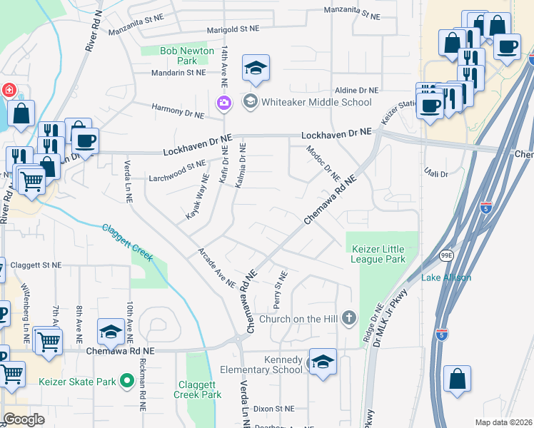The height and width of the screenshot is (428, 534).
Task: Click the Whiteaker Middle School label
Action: pos(316,102)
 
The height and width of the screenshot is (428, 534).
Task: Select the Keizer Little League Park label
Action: pos(378,254)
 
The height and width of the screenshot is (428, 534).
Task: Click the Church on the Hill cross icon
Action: pos(348,318)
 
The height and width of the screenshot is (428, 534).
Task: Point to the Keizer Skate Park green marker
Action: pos(126,381)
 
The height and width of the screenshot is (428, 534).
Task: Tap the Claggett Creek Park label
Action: pos(197,389)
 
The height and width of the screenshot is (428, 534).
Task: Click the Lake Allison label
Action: pos(446,277)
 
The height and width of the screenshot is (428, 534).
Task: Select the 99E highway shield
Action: pos(446,255)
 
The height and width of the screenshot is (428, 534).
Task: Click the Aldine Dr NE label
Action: pos(358,91)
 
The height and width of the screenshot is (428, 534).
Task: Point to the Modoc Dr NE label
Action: pos(323,163)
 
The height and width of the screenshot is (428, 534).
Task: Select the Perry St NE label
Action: pos(279,289)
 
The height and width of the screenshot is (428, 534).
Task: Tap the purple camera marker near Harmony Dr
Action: pos(225,104)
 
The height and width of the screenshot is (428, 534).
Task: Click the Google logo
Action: pos(24,419)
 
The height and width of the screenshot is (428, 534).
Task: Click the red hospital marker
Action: pos(8,91)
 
